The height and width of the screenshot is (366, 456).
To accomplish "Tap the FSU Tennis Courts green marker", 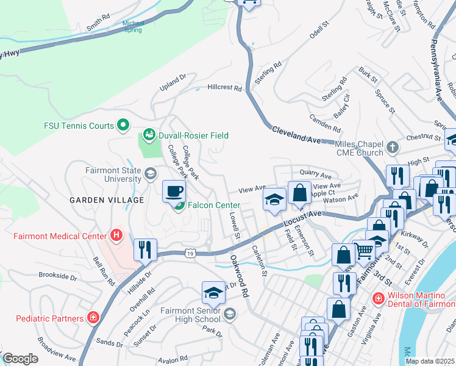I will pos(123,126).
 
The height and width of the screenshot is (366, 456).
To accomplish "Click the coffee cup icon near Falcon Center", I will pos(174,191).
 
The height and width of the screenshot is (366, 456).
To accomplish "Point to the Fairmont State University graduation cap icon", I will pos(149,175).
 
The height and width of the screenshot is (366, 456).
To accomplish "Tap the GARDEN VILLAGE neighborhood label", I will pos(107,200).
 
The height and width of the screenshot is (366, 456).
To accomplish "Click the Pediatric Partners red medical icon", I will pos(93,318).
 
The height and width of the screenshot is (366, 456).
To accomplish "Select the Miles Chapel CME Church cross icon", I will pos(393,147).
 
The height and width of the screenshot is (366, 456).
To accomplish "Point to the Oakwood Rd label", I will pos(239,275).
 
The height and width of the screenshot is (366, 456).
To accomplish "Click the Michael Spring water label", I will pos(132,27).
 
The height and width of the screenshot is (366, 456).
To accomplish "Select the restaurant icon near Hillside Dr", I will pos(145,249).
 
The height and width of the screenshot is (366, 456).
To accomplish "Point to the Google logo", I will pos(20,359).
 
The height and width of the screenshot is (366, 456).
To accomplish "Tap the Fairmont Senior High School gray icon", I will pos(230,314).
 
